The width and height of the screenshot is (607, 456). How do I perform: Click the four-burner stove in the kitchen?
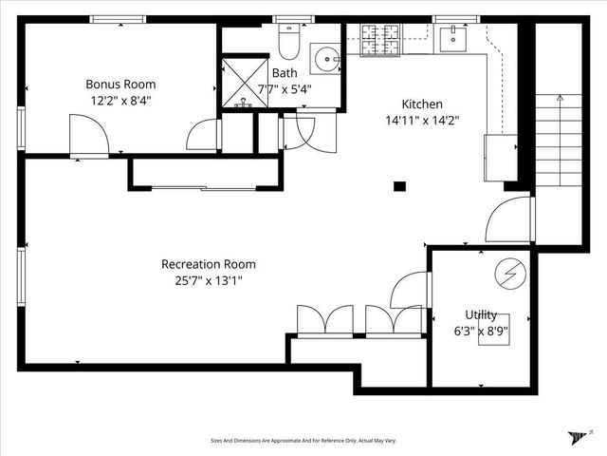[x=382, y=41]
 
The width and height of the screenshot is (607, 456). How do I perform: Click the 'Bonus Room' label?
[x=121, y=85]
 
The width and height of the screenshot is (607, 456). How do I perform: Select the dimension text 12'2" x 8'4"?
[x=121, y=100]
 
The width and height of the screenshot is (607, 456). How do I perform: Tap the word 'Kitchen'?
[x=422, y=104]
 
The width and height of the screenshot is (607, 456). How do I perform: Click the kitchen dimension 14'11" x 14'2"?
[x=422, y=120]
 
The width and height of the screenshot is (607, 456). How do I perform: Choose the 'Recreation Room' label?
[x=208, y=264]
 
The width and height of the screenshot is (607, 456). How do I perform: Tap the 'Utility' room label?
[x=481, y=314]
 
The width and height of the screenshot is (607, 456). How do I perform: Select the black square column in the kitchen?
[x=400, y=186]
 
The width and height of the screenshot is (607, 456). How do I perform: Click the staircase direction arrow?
[x=561, y=97]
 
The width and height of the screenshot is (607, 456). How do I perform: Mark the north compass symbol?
[x=578, y=436]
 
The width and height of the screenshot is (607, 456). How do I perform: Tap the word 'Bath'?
[x=284, y=73]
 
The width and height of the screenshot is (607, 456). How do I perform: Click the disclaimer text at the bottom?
[x=303, y=440]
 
